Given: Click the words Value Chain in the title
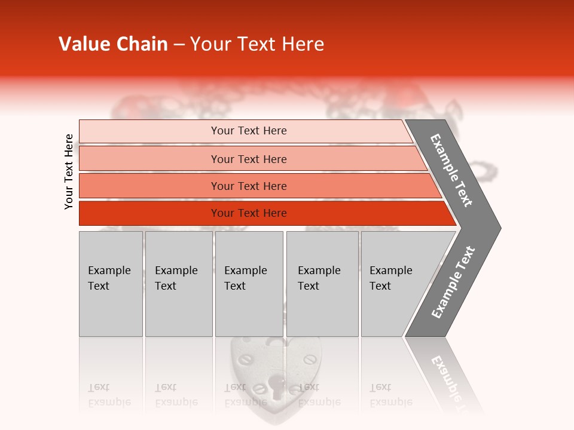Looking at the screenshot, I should point(113,44).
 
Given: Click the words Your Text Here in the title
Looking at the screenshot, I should point(257,44).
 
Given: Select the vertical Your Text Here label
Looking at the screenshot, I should point(69,171).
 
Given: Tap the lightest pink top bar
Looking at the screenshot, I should point(149,131).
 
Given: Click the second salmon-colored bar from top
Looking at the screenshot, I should point(149,159).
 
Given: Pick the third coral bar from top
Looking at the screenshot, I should point(149,186).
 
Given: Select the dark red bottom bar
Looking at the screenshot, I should point(149,213).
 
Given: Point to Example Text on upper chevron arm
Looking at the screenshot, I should point(451,170).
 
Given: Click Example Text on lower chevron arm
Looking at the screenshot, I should point(453,282).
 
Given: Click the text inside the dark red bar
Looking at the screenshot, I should point(249,213).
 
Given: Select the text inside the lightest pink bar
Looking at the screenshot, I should point(249,131).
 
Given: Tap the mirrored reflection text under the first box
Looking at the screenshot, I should point(109,395).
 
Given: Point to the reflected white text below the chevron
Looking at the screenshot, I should point(447,376).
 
